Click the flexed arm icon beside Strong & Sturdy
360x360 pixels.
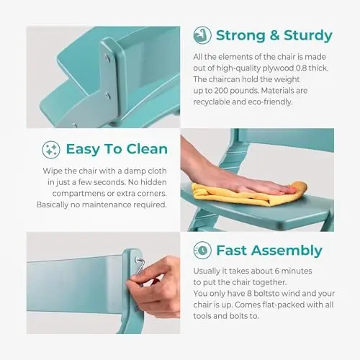point(202,35)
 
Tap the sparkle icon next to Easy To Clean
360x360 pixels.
point(51,149)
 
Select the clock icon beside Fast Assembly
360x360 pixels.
point(202,251)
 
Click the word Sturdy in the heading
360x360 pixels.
point(308,36)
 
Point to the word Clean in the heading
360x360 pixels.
point(147,149)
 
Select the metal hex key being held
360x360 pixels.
point(138,269)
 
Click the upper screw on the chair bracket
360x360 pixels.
point(107,58)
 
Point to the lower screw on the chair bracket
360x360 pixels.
point(108,96)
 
